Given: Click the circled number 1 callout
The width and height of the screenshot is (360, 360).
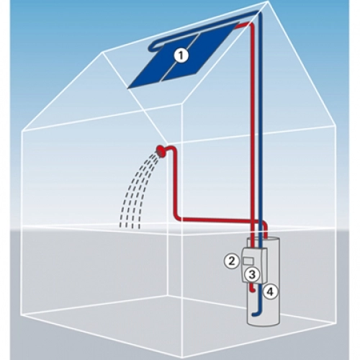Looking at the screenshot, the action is [181, 55].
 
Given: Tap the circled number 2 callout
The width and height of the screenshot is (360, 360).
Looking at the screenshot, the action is [232, 261].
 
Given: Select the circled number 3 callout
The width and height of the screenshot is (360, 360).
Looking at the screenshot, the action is [252, 275].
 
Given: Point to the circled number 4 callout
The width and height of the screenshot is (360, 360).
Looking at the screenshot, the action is [270, 292].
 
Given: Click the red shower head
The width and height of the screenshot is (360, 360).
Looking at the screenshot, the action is [159, 150].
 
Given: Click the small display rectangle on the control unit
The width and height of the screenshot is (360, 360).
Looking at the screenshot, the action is [248, 261].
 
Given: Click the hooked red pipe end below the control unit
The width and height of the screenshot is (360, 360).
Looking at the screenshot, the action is [252, 289].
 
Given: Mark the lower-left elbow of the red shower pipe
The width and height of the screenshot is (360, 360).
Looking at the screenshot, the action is [176, 217].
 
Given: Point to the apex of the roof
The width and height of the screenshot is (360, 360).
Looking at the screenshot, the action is [266, 2].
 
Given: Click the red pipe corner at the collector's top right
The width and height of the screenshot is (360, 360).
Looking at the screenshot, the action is [250, 24].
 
